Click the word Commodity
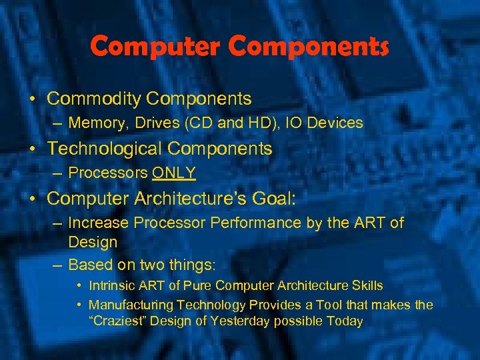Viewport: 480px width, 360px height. tap(94, 99)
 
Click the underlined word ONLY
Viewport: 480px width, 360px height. tap(174, 173)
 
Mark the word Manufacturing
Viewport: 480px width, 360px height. tap(129, 305)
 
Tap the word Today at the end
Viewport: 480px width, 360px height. tap(344, 321)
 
